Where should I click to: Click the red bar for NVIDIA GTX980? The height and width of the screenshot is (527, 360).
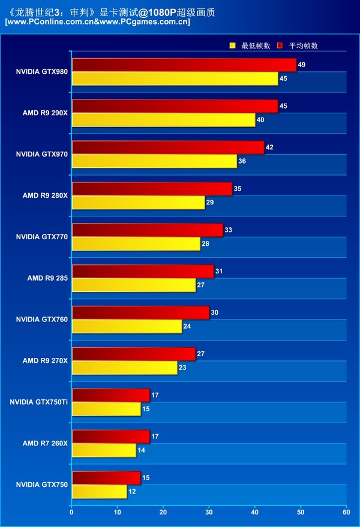coord(184,65)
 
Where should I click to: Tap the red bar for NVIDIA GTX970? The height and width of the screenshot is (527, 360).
coord(167,147)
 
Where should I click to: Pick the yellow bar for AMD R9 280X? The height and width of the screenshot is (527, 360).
coord(138,203)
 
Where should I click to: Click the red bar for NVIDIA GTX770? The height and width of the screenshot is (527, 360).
coord(147,230)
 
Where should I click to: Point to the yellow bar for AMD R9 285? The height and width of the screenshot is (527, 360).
coord(133,285)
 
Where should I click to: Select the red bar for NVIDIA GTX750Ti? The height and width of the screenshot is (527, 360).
coord(110,395)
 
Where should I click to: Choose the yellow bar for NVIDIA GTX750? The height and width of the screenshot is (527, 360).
coord(99,492)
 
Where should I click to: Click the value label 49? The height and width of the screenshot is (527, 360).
coord(301,64)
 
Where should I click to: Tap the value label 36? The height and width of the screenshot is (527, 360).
coord(242,161)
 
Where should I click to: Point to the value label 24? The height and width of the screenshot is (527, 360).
coord(187,326)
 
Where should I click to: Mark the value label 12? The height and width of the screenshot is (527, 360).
coord(131,492)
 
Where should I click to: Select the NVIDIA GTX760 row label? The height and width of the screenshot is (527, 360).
coord(42,319)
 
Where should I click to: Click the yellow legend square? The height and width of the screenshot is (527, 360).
coord(233,46)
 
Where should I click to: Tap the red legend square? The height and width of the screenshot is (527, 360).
coord(280,46)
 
